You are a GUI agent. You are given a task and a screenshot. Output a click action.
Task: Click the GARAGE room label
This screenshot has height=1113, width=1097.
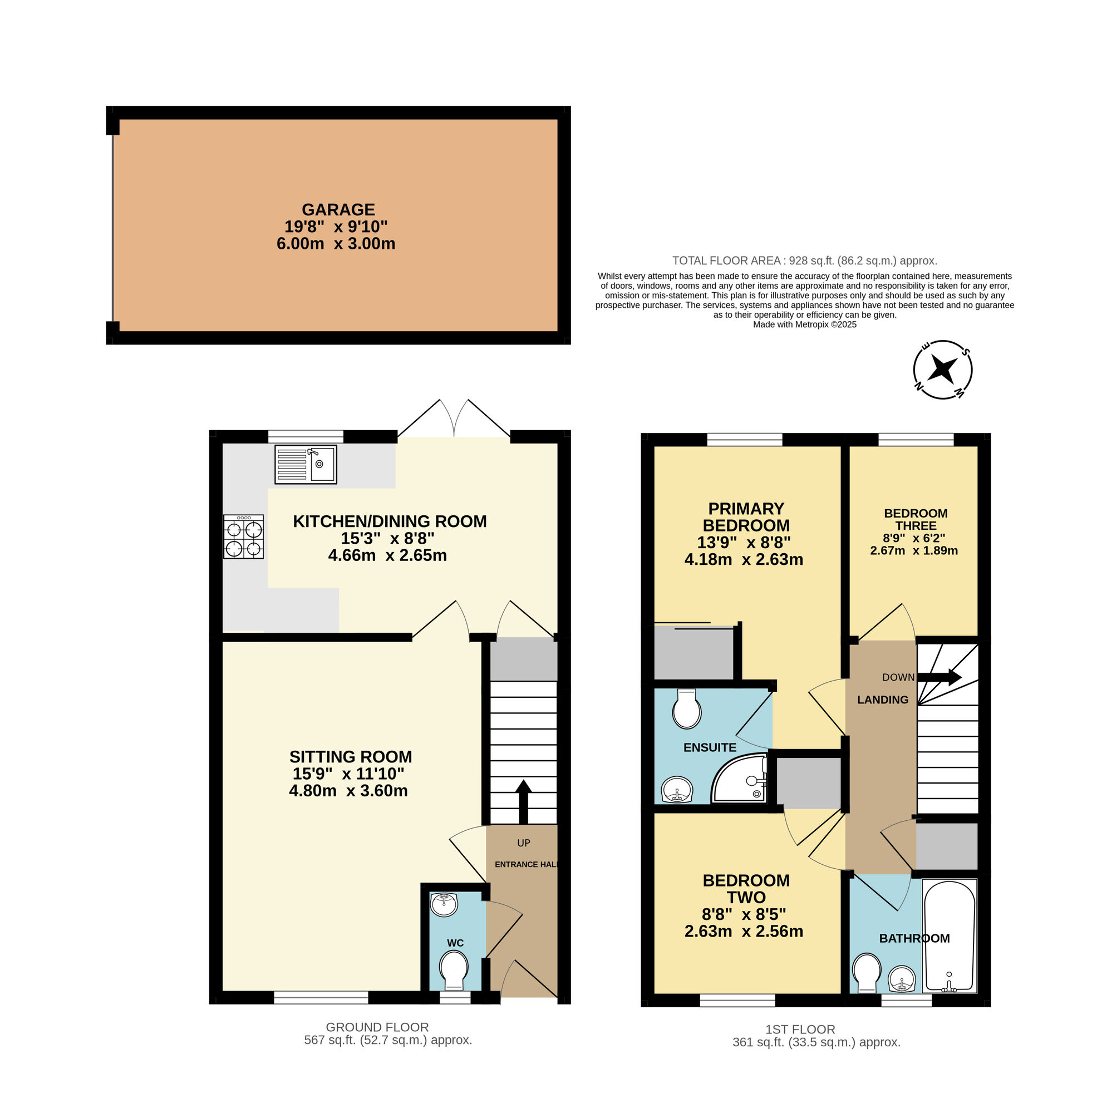pyautogui.click(x=338, y=209)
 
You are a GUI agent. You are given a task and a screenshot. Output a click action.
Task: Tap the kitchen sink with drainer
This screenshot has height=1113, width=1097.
pyautogui.click(x=306, y=464)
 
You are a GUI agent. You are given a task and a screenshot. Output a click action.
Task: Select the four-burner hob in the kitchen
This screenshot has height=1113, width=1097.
pyautogui.click(x=243, y=537)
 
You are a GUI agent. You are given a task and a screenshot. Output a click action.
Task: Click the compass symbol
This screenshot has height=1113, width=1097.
pyautogui.click(x=943, y=370)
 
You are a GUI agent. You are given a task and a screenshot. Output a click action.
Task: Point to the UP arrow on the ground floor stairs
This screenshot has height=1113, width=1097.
pyautogui.click(x=523, y=802)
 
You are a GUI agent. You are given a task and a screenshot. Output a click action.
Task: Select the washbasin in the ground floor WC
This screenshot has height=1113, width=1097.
pyautogui.click(x=444, y=904)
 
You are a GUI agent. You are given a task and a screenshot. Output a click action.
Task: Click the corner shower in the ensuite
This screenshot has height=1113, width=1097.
pyautogui.click(x=740, y=779)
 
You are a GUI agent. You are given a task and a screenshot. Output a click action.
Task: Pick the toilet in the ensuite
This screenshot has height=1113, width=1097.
pyautogui.click(x=687, y=708)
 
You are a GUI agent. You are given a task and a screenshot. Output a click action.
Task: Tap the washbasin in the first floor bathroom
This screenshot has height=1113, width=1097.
pyautogui.click(x=902, y=979)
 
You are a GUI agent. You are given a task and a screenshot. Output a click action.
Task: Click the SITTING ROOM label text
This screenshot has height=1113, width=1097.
pyautogui.click(x=350, y=756)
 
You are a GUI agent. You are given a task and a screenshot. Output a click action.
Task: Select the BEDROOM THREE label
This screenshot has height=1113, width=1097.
pyautogui.click(x=916, y=519)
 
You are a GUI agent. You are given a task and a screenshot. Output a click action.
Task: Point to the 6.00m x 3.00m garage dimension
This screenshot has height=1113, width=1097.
pyautogui.click(x=336, y=244)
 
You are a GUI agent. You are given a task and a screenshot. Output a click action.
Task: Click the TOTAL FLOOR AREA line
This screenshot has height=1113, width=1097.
pyautogui.click(x=805, y=260)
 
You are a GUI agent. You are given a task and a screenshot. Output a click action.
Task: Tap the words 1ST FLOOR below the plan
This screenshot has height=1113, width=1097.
pyautogui.click(x=800, y=1030)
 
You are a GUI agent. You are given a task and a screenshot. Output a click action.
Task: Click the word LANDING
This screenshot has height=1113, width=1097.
pyautogui.click(x=883, y=700)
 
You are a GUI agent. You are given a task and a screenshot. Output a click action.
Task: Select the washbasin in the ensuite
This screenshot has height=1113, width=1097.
pyautogui.click(x=677, y=789)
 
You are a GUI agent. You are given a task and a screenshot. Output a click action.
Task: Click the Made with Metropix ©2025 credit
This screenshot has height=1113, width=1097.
pyautogui.click(x=805, y=324)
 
